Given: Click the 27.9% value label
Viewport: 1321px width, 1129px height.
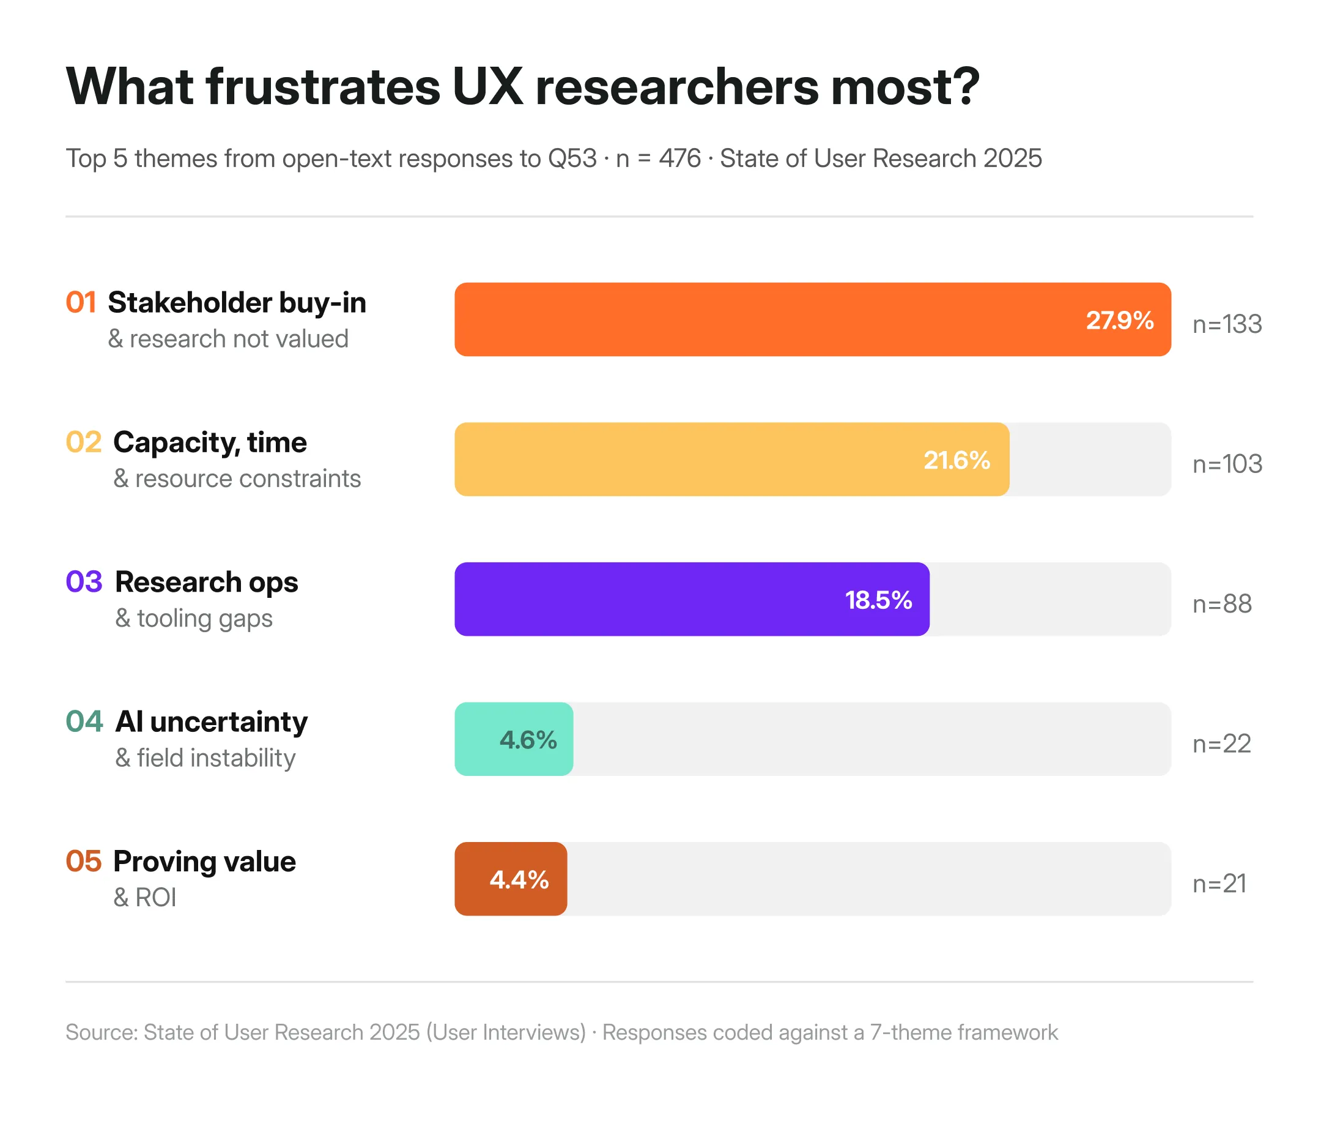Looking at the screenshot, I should coord(1119,320).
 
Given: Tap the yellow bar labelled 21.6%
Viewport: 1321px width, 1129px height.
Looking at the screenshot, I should coord(731,460).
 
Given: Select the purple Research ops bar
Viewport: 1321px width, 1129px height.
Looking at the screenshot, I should coord(692,599).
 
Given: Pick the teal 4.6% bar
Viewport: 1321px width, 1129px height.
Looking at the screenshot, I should coord(513,739).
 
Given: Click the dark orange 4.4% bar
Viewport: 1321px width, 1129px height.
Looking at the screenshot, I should coord(511,879).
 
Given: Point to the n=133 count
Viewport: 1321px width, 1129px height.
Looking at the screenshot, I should coord(1227,324).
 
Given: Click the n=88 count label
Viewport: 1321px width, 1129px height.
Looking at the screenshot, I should coord(1221,603).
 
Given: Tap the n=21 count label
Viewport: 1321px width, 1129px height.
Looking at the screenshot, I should coord(1219,884).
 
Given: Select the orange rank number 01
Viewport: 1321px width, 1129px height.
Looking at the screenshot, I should coord(81,302).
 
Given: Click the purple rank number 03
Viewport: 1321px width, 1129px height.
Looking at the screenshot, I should coord(84,582).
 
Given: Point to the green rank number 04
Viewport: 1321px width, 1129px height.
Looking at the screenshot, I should coord(84,721).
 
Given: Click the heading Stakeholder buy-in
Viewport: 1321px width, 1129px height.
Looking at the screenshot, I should coord(237,302).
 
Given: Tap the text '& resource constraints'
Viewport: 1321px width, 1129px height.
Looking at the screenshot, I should coord(237,479).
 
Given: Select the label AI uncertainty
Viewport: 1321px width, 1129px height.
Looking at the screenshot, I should coord(211,721).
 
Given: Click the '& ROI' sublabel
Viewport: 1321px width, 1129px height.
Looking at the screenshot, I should coord(145,898).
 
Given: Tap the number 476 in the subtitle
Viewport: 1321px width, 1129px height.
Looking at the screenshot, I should coord(679,158).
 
